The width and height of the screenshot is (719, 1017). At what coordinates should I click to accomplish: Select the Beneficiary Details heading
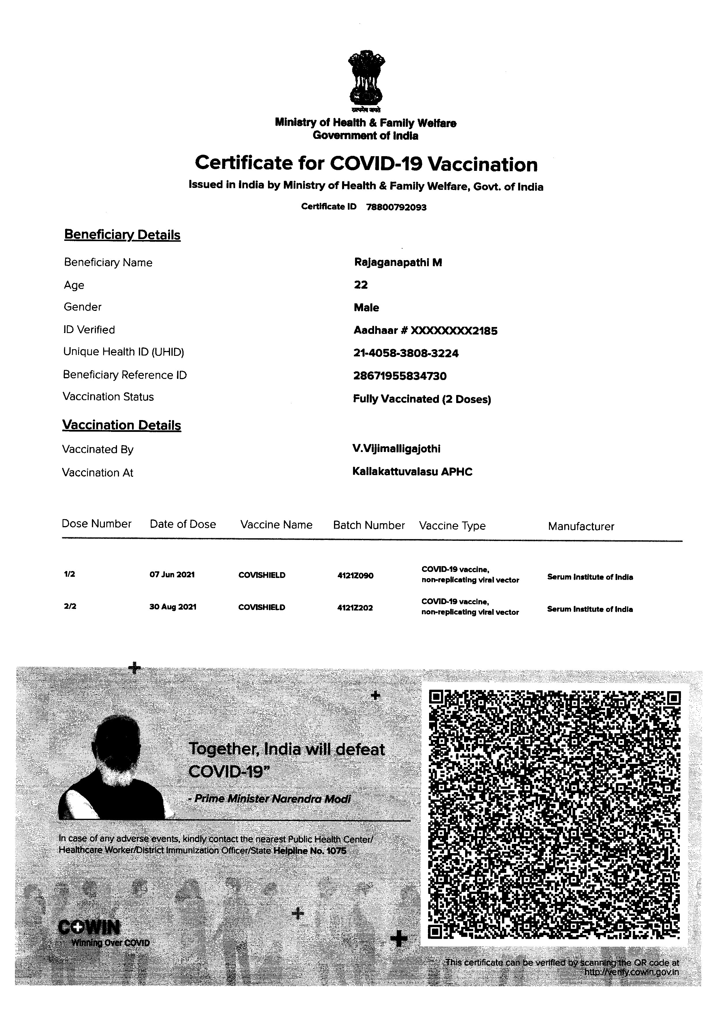coord(122,235)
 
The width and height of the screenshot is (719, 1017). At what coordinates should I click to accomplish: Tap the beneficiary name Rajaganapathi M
coord(398,263)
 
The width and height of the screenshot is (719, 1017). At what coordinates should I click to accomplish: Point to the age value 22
coord(361,285)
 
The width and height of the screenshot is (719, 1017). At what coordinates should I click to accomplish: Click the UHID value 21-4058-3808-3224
coord(405,354)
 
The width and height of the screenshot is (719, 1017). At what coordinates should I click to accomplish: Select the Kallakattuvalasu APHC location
coord(412,472)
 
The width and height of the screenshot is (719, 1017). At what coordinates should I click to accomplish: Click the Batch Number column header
coord(369,525)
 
